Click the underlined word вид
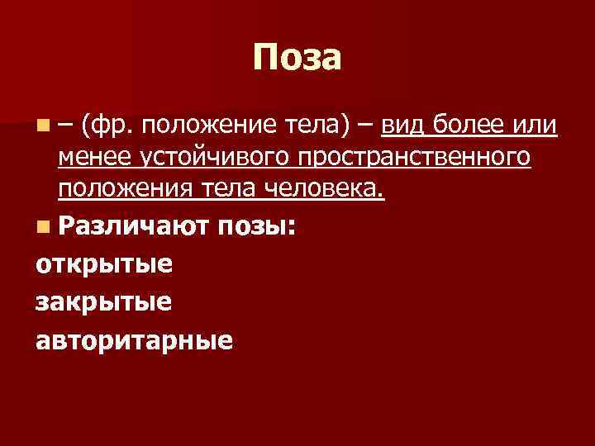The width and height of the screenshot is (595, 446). click(402, 126)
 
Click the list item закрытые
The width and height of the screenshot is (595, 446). click(104, 302)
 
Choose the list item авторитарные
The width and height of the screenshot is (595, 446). click(135, 340)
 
